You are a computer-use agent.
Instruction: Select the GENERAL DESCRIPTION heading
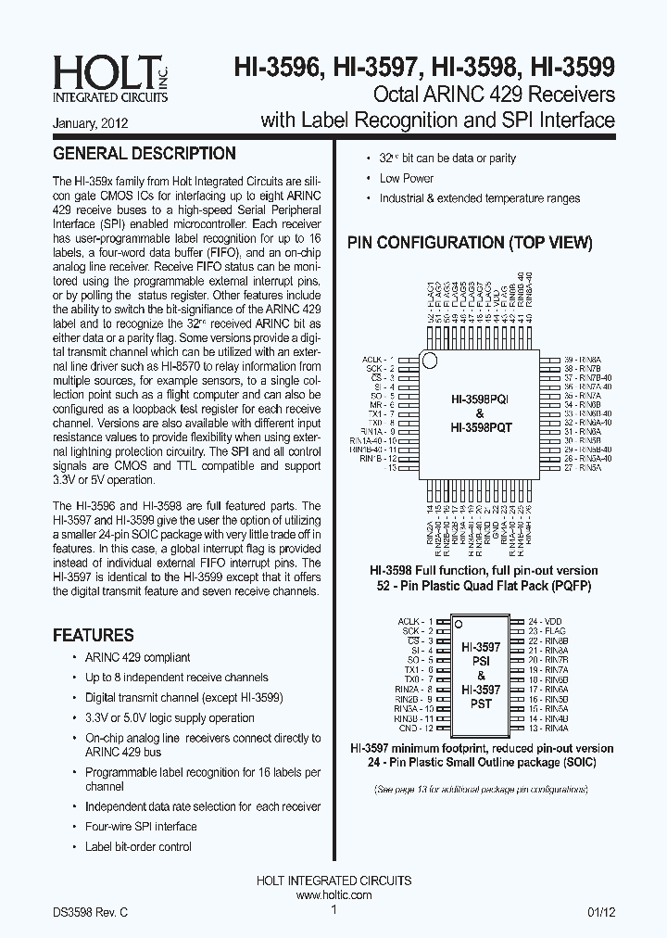144,154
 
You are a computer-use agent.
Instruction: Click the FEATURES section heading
93,636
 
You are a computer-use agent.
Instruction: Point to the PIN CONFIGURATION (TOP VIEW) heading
470,243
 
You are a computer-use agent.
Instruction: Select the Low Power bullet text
406,179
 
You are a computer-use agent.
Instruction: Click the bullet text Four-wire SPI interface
141,827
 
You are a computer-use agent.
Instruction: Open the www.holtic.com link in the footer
333,895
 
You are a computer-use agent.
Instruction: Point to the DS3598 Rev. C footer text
90,912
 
